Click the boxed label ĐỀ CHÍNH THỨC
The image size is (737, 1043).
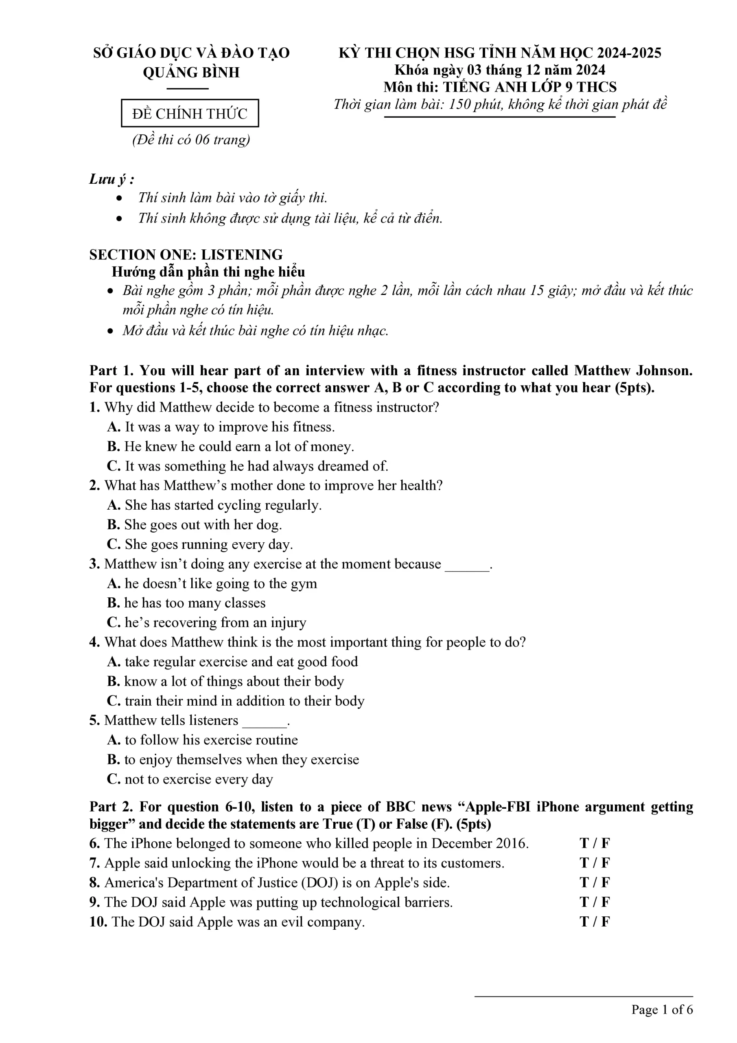coord(190,113)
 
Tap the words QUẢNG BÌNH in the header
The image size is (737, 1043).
coord(191,73)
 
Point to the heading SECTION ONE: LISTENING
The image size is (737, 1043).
coord(186,254)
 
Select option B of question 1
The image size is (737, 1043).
coord(230,447)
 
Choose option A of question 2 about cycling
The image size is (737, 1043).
coord(214,505)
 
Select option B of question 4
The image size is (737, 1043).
coord(225,681)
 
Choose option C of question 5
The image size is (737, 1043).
coord(190,779)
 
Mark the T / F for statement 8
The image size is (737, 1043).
coord(595,882)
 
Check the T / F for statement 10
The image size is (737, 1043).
coord(595,922)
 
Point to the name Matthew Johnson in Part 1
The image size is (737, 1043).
coord(633,371)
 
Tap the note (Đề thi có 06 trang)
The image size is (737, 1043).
coord(191,139)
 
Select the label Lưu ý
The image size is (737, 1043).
coord(111,179)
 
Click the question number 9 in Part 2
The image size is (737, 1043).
coord(94,902)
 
